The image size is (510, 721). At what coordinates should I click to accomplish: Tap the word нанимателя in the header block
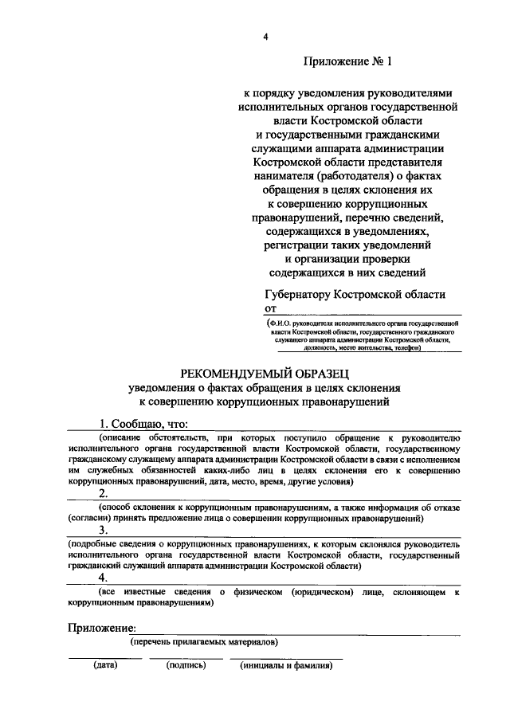(282, 175)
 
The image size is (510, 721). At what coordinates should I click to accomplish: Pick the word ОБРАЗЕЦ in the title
(321, 374)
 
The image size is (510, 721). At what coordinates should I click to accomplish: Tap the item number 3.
(104, 530)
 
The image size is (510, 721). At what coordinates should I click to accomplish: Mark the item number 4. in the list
(104, 578)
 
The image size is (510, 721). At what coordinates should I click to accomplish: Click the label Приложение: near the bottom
(101, 627)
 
